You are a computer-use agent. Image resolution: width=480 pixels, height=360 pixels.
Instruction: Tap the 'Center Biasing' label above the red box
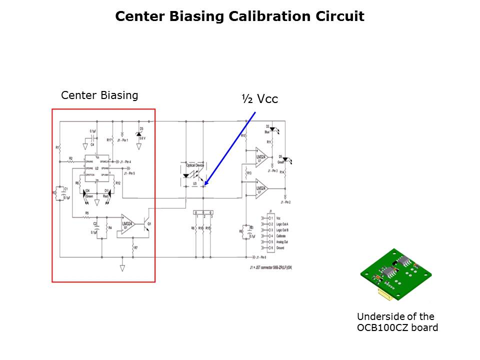(99, 95)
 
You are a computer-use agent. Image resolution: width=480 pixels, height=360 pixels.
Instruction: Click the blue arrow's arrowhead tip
(204, 185)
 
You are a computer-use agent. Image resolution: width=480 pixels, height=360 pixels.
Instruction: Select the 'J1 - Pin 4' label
(128, 162)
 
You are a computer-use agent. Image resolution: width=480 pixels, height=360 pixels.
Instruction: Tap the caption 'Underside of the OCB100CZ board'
(397, 322)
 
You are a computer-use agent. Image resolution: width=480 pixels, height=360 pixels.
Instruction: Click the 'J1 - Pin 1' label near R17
(123, 140)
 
